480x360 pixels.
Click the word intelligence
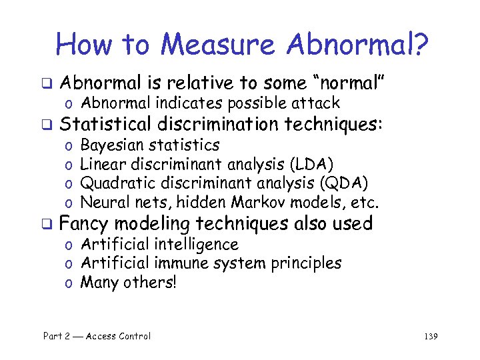point(197,245)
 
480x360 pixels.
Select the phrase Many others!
point(129,283)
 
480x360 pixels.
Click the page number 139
point(430,337)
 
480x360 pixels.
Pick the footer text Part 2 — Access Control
point(97,337)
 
